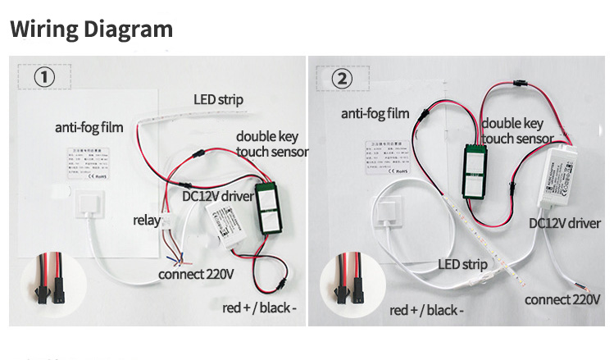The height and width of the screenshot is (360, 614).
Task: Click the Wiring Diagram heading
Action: point(91,30)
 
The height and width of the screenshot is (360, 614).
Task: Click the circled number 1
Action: point(44,77)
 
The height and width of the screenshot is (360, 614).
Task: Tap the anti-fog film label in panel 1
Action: point(89,127)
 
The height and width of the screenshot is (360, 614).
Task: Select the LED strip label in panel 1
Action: point(218,99)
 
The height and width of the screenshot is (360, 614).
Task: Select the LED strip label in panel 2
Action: point(462,265)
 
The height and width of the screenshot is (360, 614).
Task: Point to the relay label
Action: point(147,220)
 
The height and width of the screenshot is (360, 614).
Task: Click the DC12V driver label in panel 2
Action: point(565,222)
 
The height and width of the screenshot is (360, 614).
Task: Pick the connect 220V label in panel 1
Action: point(196,273)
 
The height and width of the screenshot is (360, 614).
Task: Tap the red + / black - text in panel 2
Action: point(426,310)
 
